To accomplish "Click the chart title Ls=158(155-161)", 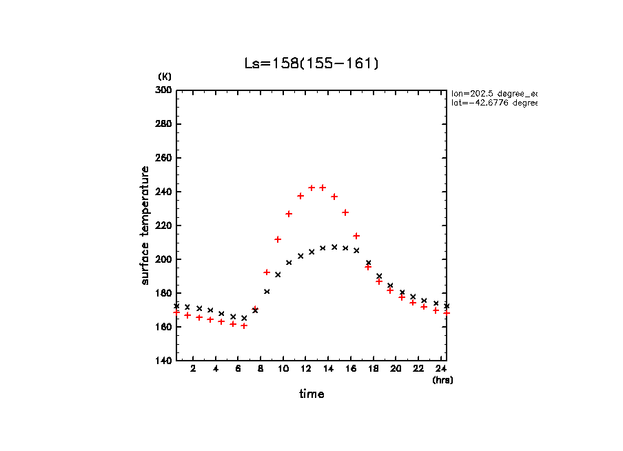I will pos(311,63).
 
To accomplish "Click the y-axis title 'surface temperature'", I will pos(145,226).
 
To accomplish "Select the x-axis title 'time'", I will pos(311,394).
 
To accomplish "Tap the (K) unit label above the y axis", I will pos(165,76).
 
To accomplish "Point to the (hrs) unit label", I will pos(442,380).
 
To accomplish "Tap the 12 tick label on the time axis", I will pos(306,369).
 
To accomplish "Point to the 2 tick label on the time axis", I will pos(193,369).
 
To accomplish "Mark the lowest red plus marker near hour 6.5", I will pos(244,325).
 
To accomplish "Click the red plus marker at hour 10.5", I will pos(289,214).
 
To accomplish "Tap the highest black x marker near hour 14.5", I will pos(334,247).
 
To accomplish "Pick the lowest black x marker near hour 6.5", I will pos(244,318).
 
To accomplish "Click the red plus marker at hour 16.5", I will pos(356,236).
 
